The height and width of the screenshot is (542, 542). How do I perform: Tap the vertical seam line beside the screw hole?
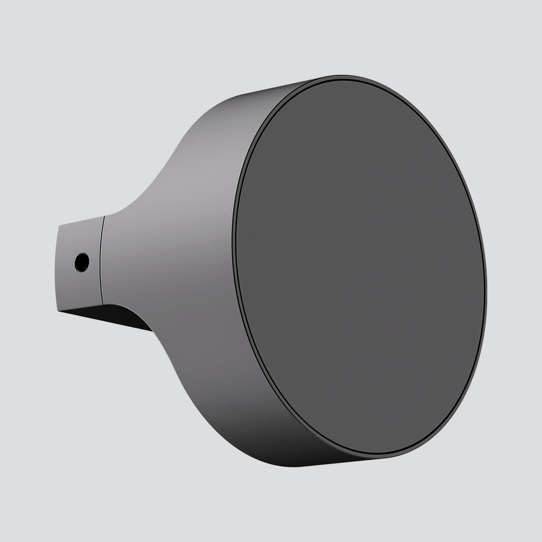coord(102,260)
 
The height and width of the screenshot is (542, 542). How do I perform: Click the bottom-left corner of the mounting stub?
coord(58,308)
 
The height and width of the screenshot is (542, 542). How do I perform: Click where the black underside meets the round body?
coord(149,328)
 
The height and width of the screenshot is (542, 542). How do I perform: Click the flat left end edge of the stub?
coord(59,266)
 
